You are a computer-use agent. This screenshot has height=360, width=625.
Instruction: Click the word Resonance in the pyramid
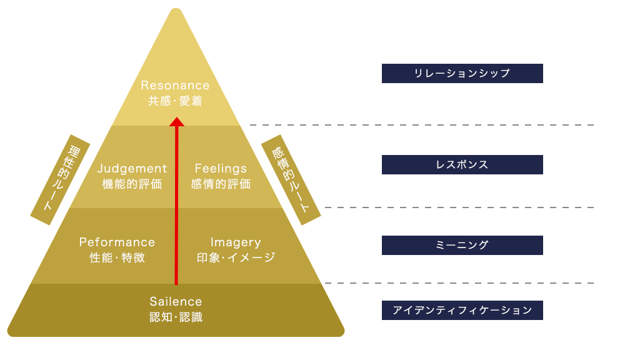click(x=175, y=85)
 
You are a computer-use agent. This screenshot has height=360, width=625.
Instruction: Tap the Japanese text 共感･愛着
click(x=175, y=101)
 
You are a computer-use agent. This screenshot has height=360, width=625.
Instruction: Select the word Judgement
click(x=132, y=169)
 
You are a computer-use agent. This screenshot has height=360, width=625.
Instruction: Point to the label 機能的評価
click(x=132, y=184)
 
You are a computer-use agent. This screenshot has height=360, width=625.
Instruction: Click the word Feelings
click(x=221, y=169)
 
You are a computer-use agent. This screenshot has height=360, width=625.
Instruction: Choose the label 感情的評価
click(x=221, y=184)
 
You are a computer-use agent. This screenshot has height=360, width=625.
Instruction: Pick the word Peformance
click(x=117, y=242)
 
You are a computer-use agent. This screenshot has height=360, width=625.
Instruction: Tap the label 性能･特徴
click(x=117, y=257)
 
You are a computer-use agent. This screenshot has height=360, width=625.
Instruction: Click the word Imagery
click(x=236, y=242)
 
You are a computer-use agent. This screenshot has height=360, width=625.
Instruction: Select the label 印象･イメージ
click(x=236, y=257)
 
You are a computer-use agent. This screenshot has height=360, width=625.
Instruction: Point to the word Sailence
click(x=176, y=302)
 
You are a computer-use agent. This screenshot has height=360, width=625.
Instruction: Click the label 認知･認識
click(x=176, y=317)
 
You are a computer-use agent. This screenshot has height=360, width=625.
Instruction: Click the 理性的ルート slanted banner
click(x=61, y=179)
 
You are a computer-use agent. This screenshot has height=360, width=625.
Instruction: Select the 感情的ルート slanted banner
click(x=291, y=179)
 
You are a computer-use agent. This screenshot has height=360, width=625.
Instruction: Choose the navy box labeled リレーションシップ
click(x=462, y=74)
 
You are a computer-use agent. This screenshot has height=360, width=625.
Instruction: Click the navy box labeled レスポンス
click(x=462, y=165)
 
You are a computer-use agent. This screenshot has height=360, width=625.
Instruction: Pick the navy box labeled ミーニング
click(x=462, y=245)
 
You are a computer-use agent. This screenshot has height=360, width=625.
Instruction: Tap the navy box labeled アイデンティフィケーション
click(x=462, y=310)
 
